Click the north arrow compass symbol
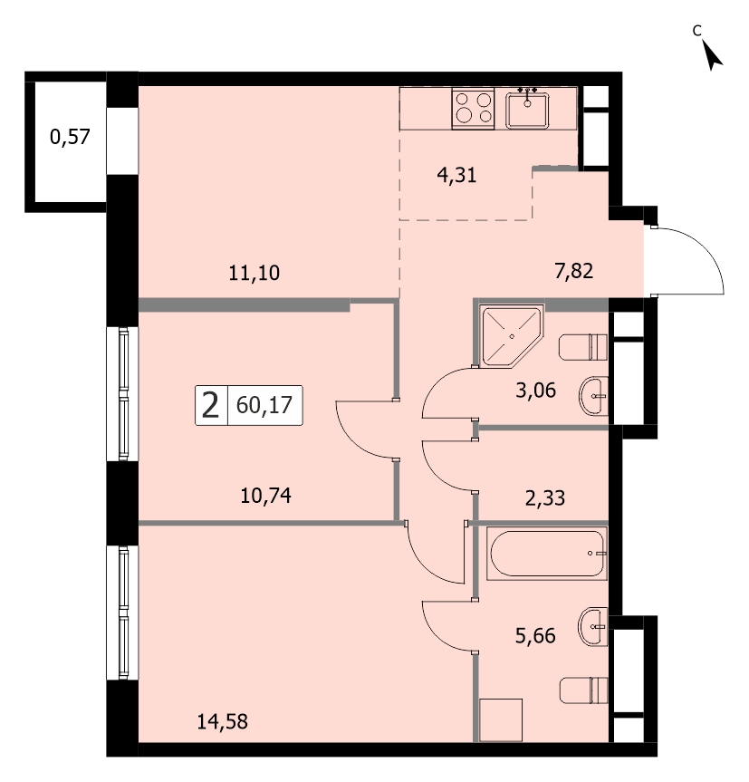(x=712, y=55)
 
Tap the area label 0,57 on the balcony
(x=70, y=137)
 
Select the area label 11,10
(x=254, y=273)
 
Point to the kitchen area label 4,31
(x=456, y=175)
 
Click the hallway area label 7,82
(x=573, y=271)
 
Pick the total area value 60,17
(x=264, y=405)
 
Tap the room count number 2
(x=210, y=405)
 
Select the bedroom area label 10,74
(x=265, y=496)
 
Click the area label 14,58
(x=222, y=721)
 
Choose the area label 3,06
(x=536, y=390)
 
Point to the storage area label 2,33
(x=545, y=497)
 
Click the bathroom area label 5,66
(x=535, y=636)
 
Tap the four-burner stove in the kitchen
(x=473, y=109)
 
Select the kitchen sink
(x=527, y=110)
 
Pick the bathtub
(x=547, y=554)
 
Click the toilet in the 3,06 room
(x=583, y=347)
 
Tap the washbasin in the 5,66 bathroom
(x=592, y=627)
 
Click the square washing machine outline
(x=501, y=719)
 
